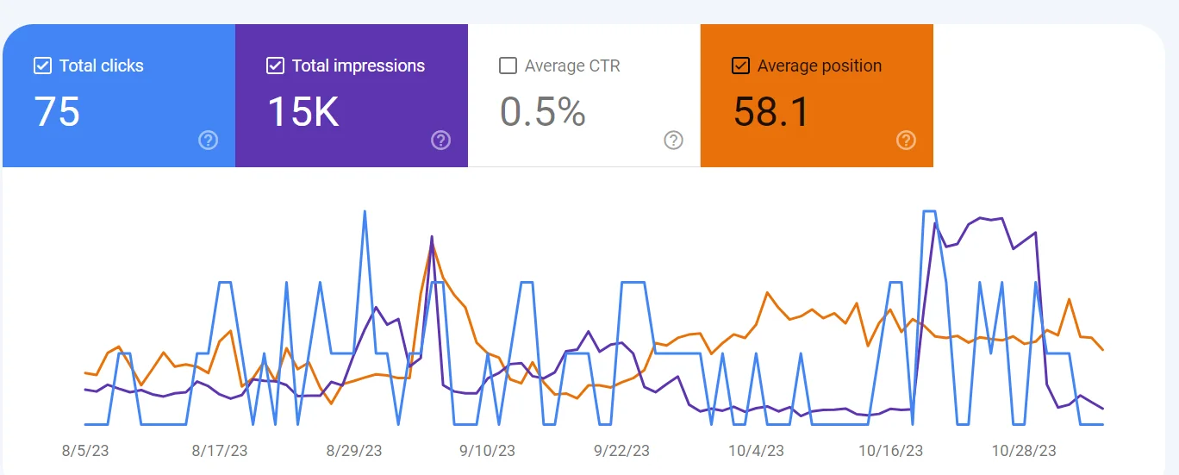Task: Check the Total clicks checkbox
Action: click(x=42, y=66)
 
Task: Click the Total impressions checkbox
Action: click(x=275, y=66)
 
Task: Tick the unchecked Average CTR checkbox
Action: click(x=508, y=66)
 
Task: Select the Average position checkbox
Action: click(x=740, y=66)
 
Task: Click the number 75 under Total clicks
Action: click(x=57, y=113)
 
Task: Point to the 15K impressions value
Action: click(x=303, y=113)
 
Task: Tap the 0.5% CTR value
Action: click(x=543, y=113)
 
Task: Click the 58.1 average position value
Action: click(x=771, y=113)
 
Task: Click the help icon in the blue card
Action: click(x=208, y=140)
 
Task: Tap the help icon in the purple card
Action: click(x=440, y=140)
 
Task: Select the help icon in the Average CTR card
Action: click(x=673, y=140)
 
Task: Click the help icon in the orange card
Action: click(x=906, y=140)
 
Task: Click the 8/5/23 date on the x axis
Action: click(x=85, y=451)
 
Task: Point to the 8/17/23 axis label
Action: click(x=220, y=451)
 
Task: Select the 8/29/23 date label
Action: click(x=354, y=451)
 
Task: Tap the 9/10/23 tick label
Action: click(x=488, y=451)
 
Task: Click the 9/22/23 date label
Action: click(x=622, y=451)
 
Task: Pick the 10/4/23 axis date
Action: click(x=756, y=451)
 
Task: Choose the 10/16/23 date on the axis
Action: click(x=890, y=451)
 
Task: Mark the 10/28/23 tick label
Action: click(x=1024, y=451)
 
